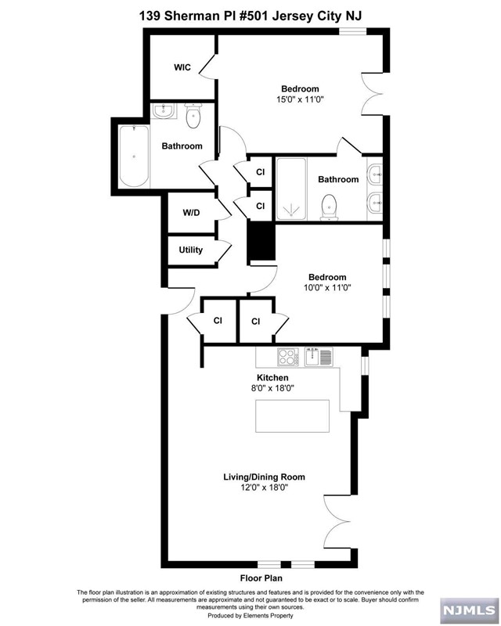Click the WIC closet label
[x=182, y=67]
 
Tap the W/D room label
[x=191, y=213]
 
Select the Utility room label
[x=190, y=250]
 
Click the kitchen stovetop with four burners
[x=287, y=357]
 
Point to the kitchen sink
[x=319, y=357]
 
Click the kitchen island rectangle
[x=293, y=416]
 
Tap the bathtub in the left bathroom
[x=134, y=156]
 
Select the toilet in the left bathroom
[x=194, y=116]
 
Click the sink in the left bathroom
[x=164, y=110]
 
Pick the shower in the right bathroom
[x=291, y=189]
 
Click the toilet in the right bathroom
[x=330, y=207]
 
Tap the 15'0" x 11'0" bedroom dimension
[x=300, y=99]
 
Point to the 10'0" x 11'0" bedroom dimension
[x=327, y=287]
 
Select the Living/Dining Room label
[x=264, y=477]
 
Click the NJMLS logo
[x=470, y=610]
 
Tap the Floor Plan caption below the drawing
[x=261, y=578]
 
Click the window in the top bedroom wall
[x=353, y=31]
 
